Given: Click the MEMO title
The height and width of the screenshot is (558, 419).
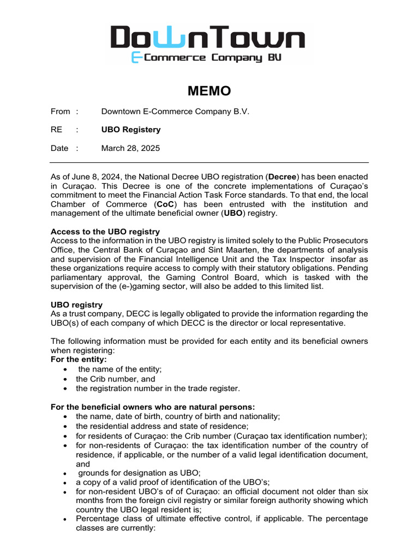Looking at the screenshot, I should [209, 91].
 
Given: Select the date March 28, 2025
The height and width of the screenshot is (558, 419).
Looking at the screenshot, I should [130, 148].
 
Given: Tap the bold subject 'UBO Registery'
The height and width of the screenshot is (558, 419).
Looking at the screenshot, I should [131, 130].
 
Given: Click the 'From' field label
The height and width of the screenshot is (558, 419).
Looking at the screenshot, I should [60, 112].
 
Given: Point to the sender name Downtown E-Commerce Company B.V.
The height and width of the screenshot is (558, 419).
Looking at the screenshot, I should [175, 112].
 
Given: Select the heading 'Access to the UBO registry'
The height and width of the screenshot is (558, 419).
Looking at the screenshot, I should [105, 231].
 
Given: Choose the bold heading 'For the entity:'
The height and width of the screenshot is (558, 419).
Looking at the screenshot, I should [79, 360].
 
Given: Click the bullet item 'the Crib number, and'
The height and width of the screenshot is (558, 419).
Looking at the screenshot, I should [115, 379].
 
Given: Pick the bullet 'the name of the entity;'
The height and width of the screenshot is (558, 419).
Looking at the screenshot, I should [119, 369].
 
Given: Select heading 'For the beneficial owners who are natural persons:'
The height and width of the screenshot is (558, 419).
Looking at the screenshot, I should [152, 407].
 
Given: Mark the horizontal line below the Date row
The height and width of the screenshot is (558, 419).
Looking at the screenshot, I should [209, 162].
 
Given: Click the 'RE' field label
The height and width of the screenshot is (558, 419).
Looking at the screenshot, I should [57, 130].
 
